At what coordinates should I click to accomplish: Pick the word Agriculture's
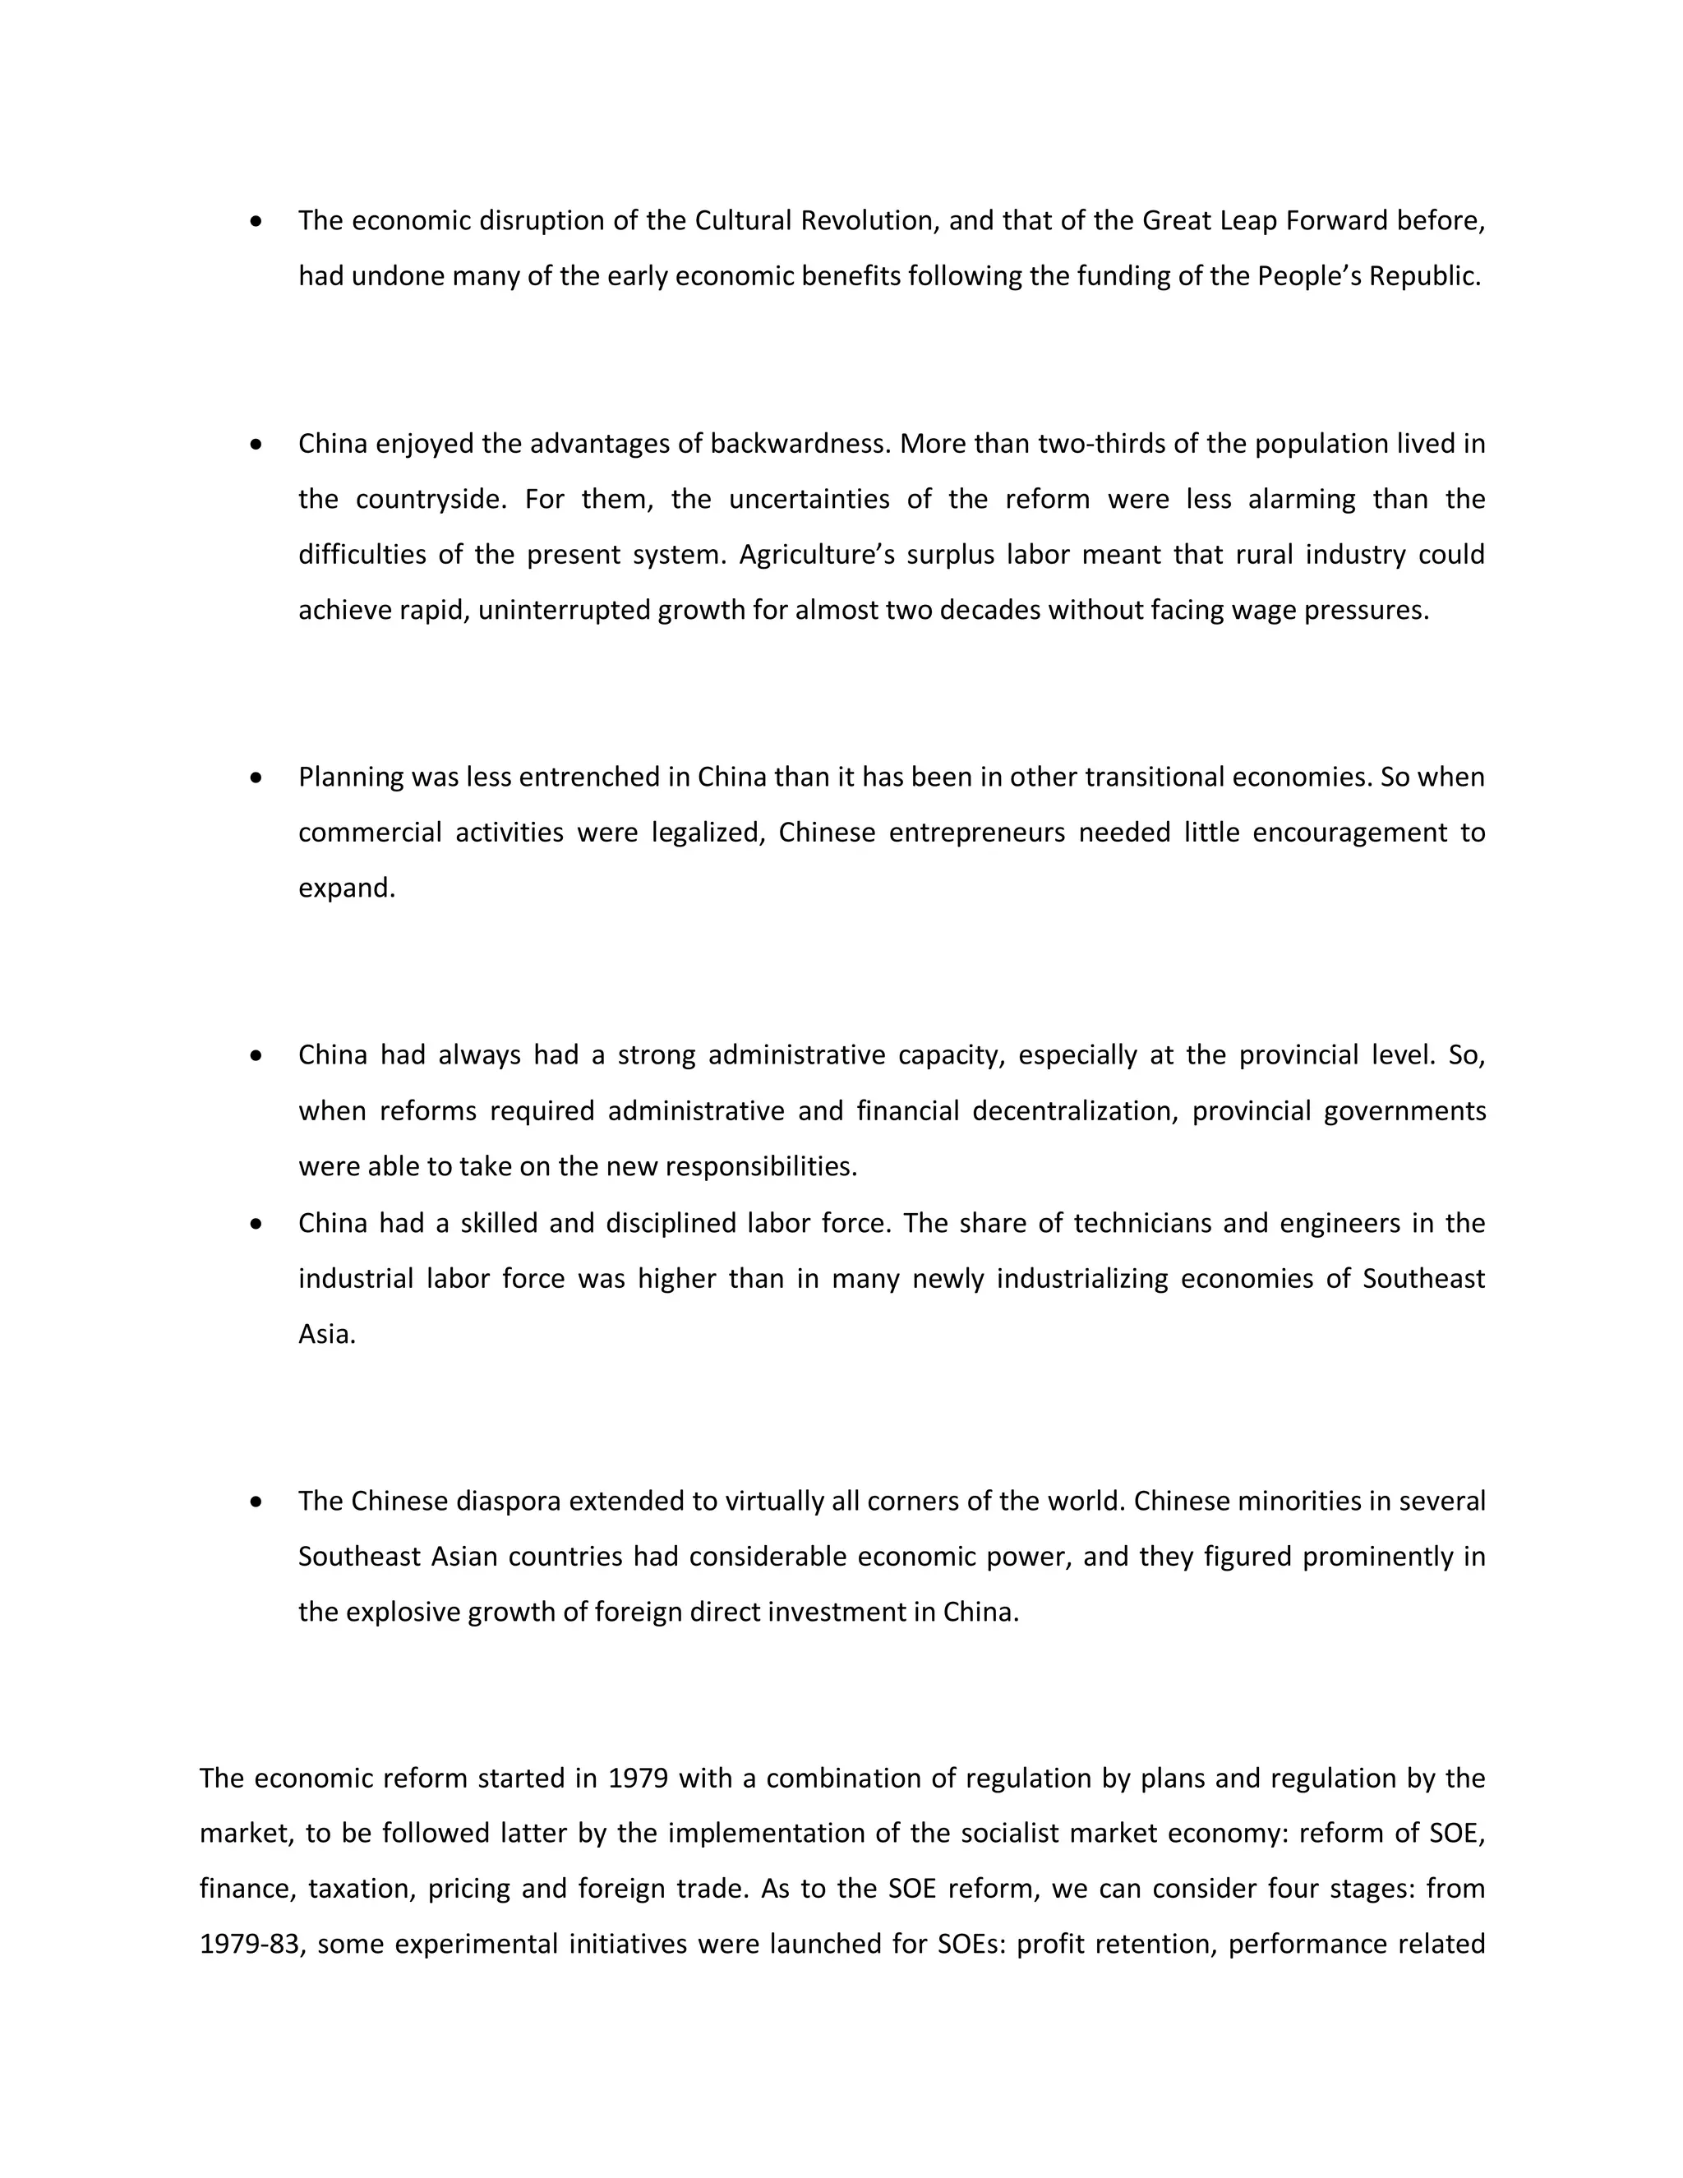coord(810,555)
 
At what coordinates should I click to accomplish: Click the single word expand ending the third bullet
coord(346,888)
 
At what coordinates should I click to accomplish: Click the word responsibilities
coord(761,1167)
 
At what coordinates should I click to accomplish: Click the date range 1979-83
coord(249,1945)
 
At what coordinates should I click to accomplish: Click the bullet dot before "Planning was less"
coord(257,778)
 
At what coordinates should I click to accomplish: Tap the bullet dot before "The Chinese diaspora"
coord(257,1502)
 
